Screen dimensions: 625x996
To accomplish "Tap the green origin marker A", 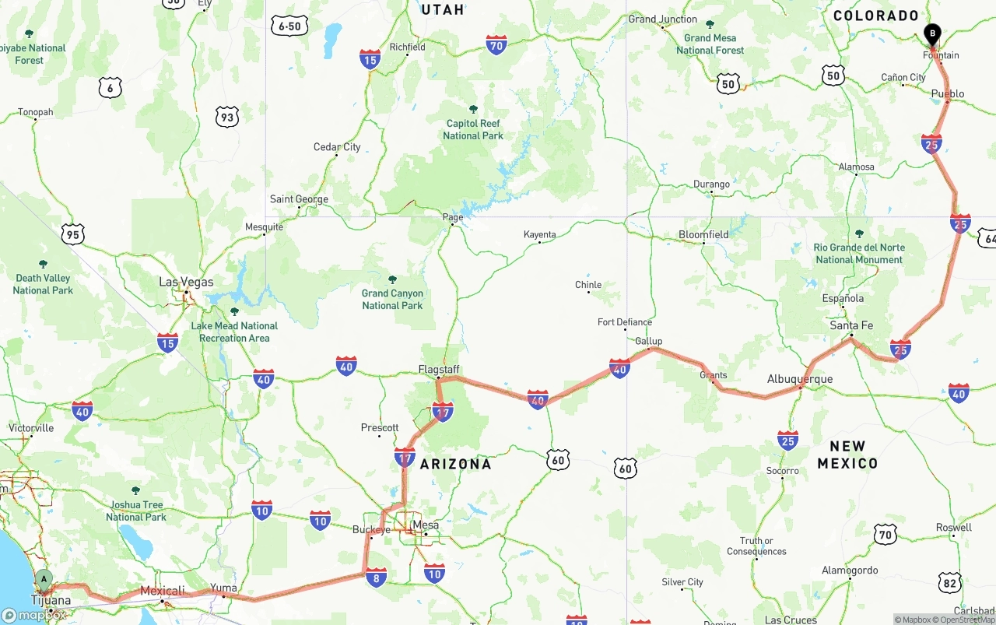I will tap(44, 579).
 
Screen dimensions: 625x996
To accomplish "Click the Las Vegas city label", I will tap(186, 282).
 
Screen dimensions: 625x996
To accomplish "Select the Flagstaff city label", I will tap(439, 369).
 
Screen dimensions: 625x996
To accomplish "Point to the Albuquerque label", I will tap(800, 379).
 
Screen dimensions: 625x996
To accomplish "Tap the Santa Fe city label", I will tap(851, 325).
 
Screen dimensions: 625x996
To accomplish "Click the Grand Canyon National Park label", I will tap(392, 299).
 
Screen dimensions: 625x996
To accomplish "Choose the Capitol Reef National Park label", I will tap(473, 129).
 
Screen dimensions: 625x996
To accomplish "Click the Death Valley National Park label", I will tap(43, 284).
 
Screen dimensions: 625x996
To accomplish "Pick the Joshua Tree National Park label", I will tap(136, 511).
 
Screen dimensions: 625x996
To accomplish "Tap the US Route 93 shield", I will tap(226, 118).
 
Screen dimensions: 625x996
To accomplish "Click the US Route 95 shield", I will tap(72, 234).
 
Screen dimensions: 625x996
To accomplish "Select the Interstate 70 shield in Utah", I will tap(496, 45).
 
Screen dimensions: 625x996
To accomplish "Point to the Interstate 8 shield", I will tap(376, 577).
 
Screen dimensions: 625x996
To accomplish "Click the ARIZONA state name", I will tap(456, 464).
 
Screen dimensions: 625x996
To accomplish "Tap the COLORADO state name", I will tap(876, 16).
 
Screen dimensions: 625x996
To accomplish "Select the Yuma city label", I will tap(223, 588).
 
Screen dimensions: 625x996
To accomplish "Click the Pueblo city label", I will tap(948, 94).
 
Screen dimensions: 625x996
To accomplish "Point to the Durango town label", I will tap(711, 184).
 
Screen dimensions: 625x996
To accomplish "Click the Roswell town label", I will tap(954, 528).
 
